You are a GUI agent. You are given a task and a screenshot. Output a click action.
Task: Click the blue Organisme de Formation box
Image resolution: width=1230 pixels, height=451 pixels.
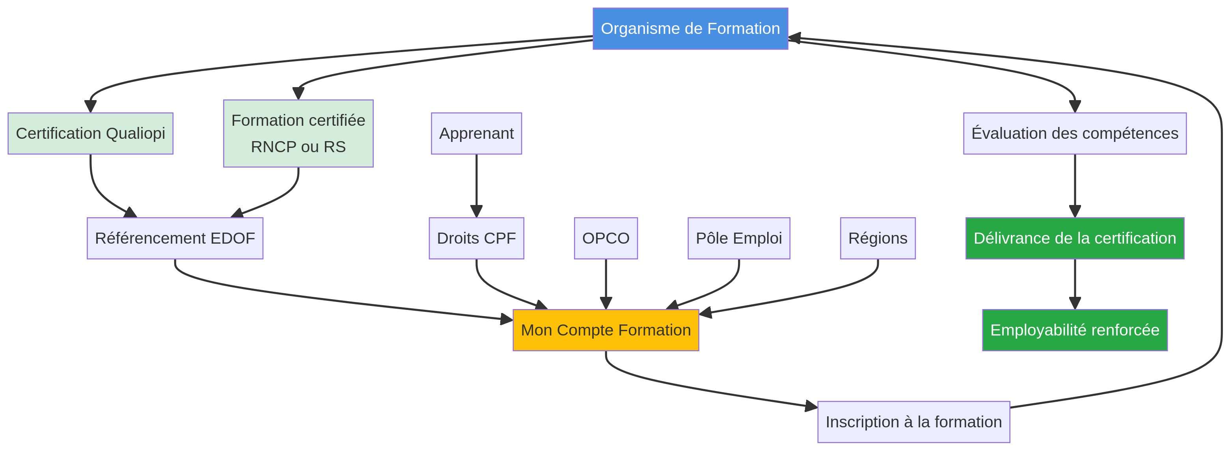click(x=690, y=29)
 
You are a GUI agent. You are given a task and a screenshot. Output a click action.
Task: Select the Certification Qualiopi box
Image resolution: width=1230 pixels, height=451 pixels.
click(x=90, y=134)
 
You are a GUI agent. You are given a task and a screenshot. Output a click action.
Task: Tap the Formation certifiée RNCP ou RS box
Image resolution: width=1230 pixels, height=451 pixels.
click(x=298, y=134)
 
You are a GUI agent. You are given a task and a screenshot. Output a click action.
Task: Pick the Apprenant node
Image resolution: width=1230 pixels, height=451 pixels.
click(x=476, y=134)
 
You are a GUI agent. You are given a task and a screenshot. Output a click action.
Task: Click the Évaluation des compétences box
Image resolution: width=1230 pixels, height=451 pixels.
click(x=1074, y=134)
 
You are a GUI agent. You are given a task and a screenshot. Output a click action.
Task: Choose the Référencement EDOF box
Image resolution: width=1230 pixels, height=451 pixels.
click(x=175, y=238)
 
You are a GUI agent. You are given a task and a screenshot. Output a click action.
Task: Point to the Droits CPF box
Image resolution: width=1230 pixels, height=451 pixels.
click(x=476, y=238)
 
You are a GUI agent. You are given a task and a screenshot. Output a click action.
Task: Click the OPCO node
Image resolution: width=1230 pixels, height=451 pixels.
click(x=606, y=238)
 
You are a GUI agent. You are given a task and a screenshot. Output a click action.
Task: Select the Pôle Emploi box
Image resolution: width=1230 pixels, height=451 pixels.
click(x=739, y=238)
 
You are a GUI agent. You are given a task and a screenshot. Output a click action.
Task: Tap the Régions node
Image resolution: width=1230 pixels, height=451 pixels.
click(x=878, y=238)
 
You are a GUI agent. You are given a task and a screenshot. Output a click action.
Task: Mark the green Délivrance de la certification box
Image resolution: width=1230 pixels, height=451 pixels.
click(x=1074, y=238)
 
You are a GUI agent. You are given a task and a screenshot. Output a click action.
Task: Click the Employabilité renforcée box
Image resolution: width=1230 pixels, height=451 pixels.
click(x=1074, y=330)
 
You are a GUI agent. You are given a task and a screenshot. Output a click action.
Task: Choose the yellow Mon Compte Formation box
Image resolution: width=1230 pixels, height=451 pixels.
click(x=606, y=330)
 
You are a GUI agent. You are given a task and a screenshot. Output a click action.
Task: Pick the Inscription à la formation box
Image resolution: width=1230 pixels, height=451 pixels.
click(x=913, y=422)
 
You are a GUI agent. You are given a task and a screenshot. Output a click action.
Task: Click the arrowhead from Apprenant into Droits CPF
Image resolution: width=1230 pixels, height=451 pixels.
click(x=476, y=211)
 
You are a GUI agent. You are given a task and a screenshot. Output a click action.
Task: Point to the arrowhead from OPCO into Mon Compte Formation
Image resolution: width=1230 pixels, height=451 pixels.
click(x=606, y=303)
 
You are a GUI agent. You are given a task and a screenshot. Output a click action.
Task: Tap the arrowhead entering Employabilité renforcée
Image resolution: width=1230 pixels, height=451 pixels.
click(x=1075, y=303)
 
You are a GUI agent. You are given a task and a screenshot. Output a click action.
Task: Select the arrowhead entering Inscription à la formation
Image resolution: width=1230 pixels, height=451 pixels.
click(x=811, y=406)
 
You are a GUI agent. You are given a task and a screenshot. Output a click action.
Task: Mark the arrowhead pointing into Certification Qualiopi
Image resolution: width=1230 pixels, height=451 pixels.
click(x=90, y=106)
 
